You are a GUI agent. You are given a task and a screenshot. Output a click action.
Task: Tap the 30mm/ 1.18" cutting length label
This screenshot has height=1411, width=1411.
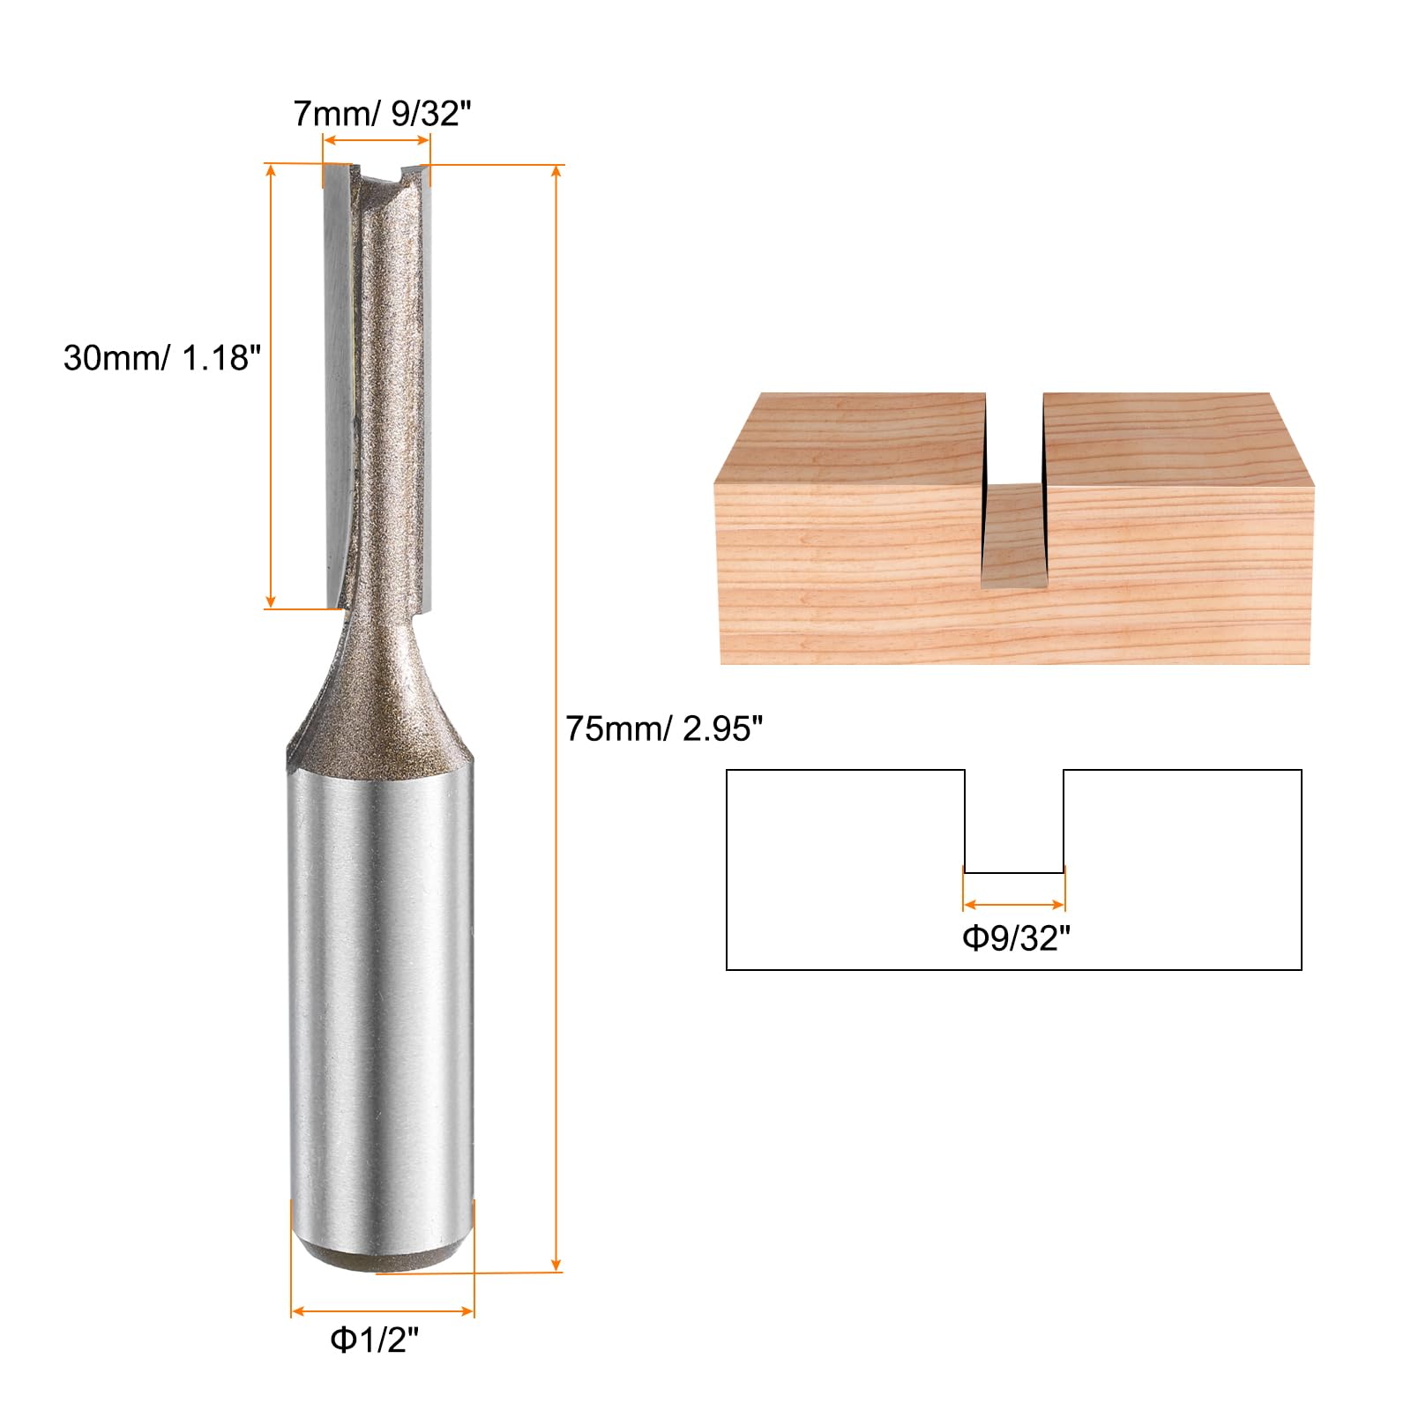[x=162, y=358]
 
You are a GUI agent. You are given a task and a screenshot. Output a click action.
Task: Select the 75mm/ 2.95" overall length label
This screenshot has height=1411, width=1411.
[x=664, y=728]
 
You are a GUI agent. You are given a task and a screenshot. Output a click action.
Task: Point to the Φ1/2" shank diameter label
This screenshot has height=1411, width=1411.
[x=374, y=1340]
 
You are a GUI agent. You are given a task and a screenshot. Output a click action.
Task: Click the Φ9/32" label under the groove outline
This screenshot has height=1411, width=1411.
[x=1015, y=937]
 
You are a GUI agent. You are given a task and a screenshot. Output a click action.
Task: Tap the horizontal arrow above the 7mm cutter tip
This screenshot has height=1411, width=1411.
[x=377, y=140]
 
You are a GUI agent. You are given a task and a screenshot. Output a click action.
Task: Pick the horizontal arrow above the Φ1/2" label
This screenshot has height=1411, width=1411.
[x=383, y=1311]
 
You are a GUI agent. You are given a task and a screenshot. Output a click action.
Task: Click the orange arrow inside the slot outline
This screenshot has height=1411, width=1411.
[x=1014, y=904]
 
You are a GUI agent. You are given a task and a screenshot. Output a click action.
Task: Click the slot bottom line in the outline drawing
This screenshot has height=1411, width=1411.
[x=1014, y=873]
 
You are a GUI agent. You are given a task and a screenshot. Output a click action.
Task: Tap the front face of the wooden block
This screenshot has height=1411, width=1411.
[x=847, y=582]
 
